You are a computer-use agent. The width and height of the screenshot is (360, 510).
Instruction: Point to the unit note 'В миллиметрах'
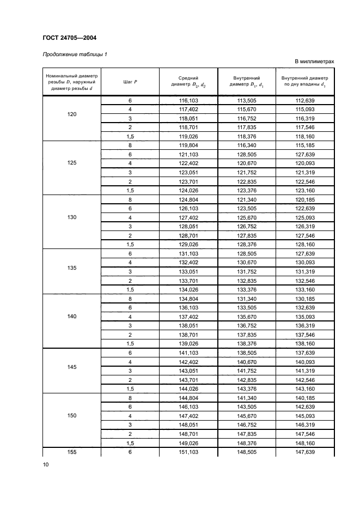coord(314,62)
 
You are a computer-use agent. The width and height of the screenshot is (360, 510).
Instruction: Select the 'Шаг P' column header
coord(130,82)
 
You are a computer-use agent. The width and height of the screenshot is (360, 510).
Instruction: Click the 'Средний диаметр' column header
coord(188,82)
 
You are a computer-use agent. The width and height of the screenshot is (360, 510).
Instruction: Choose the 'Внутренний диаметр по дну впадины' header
coord(304,82)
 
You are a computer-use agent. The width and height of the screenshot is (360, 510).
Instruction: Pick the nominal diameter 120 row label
coord(72,114)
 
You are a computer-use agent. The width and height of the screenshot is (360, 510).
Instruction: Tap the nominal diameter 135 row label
coord(72,268)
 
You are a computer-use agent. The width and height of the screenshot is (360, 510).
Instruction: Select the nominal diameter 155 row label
coord(72,452)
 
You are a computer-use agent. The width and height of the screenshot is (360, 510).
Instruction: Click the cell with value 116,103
coord(188,101)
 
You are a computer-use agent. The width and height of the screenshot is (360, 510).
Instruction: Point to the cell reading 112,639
coord(304,101)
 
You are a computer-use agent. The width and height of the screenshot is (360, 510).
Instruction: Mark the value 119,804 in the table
coord(188,146)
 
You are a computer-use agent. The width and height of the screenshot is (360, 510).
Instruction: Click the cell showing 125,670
coord(246,217)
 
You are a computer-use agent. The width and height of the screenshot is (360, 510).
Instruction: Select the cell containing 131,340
coord(246,299)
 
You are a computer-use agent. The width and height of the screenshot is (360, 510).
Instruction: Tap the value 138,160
coord(304,344)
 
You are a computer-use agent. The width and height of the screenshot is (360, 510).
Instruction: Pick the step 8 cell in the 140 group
coord(130,299)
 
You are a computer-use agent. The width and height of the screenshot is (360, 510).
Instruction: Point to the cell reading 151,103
coord(188,452)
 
